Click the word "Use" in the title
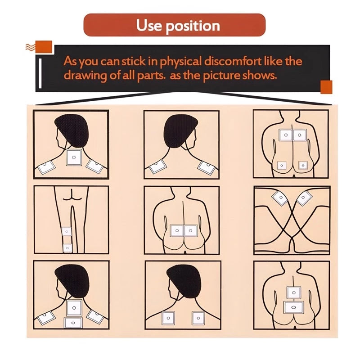[x=149, y=25]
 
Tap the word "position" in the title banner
[x=193, y=26]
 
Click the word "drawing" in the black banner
[x=85, y=76]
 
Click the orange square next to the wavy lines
[x=44, y=47]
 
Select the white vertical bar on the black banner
[x=40, y=73]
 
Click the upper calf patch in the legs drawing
[x=67, y=231]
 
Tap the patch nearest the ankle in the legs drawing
[x=67, y=248]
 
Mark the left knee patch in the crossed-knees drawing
[x=280, y=198]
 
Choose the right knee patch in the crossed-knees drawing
[x=304, y=198]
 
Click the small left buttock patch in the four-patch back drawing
[x=282, y=165]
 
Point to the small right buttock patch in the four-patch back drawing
[x=303, y=165]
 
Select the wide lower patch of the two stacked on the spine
[x=294, y=307]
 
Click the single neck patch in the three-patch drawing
[x=74, y=157]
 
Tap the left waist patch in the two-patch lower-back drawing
[x=177, y=231]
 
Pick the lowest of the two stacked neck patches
[x=73, y=323]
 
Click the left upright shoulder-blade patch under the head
[x=168, y=318]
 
